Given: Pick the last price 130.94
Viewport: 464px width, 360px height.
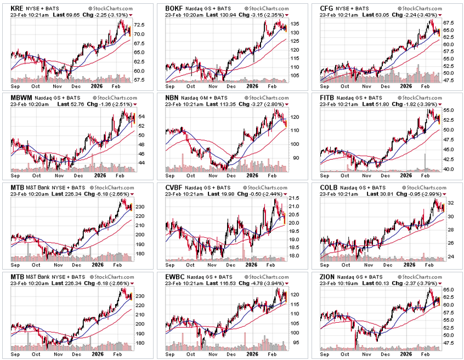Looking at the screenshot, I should coord(230,16).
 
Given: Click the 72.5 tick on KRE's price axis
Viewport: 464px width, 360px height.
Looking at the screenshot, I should coord(139,25).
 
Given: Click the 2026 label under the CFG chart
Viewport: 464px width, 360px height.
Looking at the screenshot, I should coord(406,86).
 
